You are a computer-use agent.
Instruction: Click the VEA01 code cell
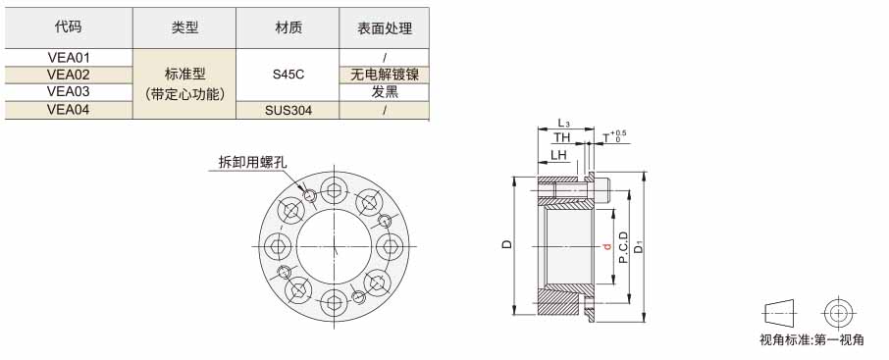pyautogui.click(x=69, y=57)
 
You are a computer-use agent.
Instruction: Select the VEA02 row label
pyautogui.click(x=69, y=75)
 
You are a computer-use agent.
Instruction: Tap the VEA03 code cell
pyautogui.click(x=69, y=92)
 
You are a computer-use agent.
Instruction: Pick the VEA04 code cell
pyautogui.click(x=69, y=110)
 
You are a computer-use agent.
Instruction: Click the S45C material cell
pyautogui.click(x=288, y=75)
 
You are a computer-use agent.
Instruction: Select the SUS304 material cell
pyautogui.click(x=288, y=110)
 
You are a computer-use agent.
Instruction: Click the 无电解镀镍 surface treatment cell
pyautogui.click(x=385, y=75)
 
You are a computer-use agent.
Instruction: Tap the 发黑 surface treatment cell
pyautogui.click(x=385, y=92)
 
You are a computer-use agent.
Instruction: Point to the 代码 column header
pyautogui.click(x=69, y=27)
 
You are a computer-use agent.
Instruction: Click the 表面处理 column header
pyautogui.click(x=385, y=27)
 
